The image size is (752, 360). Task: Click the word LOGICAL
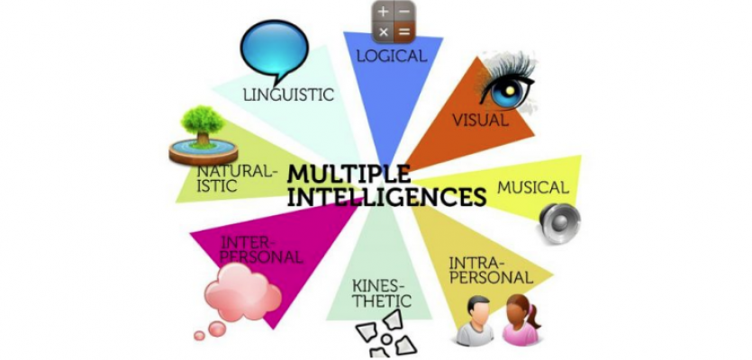point(390,56)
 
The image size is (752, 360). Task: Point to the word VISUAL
point(479,119)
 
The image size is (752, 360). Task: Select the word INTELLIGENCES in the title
point(383,195)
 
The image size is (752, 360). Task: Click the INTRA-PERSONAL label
point(490,270)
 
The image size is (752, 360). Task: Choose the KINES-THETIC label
point(381,293)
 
